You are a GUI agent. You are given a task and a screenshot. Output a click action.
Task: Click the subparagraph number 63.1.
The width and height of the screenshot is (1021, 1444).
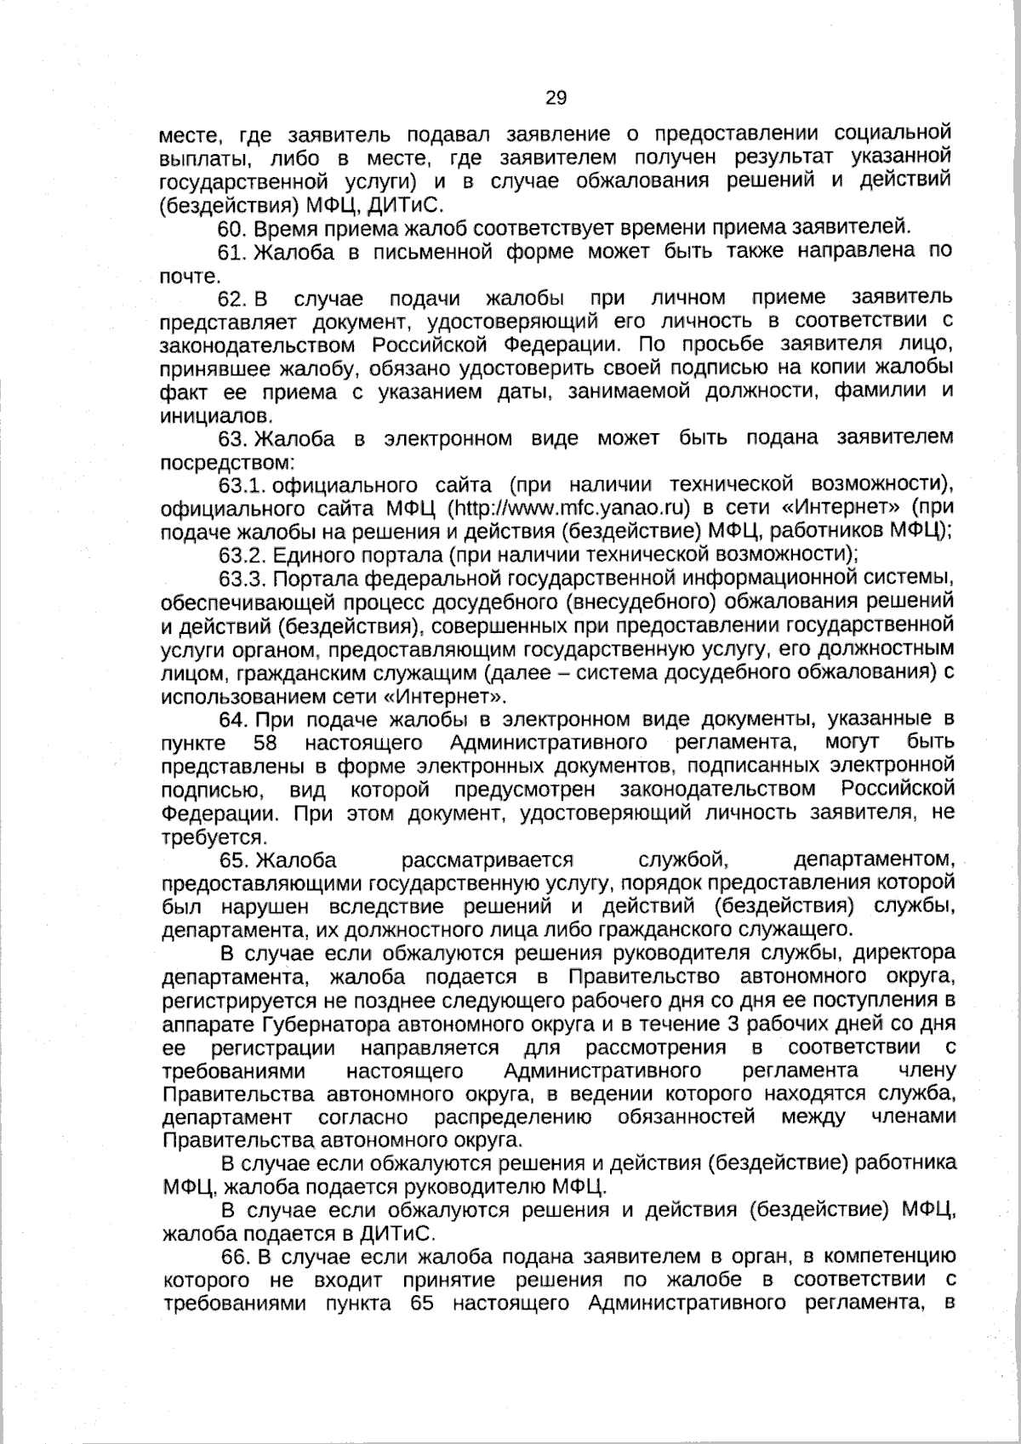pos(243,486)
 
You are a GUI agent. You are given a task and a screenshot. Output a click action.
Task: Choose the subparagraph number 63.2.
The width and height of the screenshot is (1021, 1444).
pos(243,555)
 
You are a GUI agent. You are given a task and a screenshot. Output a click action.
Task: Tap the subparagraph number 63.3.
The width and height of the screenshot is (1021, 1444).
pos(243,579)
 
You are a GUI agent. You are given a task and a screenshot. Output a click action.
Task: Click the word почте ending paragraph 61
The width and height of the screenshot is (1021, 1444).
pos(190,276)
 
